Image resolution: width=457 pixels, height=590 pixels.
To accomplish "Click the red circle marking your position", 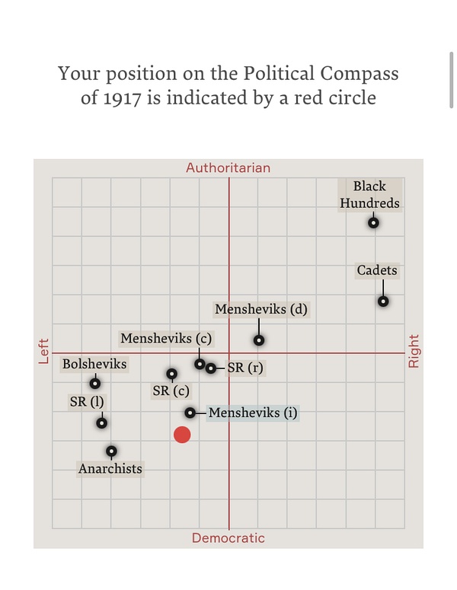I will click(x=182, y=434).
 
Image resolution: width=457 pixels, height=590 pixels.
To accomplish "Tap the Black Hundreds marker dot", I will click(x=373, y=222).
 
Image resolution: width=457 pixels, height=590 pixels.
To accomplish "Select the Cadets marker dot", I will click(x=383, y=301).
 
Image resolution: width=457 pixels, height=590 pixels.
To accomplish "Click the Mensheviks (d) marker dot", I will click(x=259, y=340).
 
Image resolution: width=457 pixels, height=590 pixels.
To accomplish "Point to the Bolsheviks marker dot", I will click(x=95, y=383).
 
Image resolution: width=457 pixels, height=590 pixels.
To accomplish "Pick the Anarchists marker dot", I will click(x=111, y=451).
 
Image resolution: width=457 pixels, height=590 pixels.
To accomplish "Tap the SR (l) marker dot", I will click(x=101, y=423).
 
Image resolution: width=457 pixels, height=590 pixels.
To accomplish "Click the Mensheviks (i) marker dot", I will click(x=190, y=413).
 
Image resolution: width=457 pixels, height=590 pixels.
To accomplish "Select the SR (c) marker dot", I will click(x=172, y=374).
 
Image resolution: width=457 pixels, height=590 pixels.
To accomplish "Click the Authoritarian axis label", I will click(x=228, y=167).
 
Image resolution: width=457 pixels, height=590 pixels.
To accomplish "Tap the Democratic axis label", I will click(x=228, y=538).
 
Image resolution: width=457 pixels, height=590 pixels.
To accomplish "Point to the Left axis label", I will click(x=43, y=351).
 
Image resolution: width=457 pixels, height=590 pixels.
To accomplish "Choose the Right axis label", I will click(x=414, y=351).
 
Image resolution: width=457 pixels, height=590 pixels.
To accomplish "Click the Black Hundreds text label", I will click(x=369, y=194).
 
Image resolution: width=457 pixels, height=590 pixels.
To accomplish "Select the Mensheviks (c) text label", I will click(x=166, y=338).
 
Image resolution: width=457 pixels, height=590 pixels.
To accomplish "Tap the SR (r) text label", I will click(x=245, y=368).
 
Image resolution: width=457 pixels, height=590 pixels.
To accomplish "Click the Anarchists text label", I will click(x=110, y=468).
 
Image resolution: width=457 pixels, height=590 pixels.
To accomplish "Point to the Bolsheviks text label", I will click(x=94, y=364).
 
